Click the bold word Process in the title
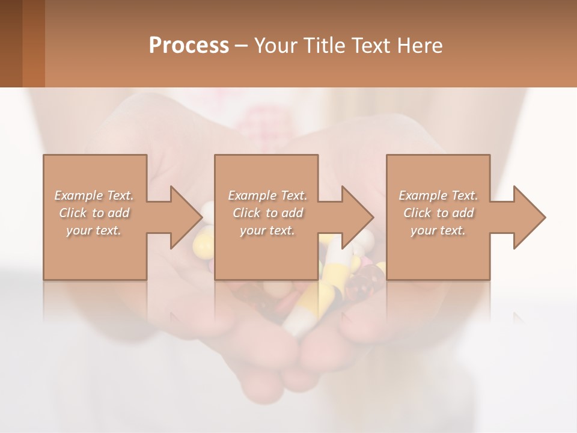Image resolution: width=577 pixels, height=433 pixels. [189, 46]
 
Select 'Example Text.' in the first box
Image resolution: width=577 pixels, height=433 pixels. [94, 195]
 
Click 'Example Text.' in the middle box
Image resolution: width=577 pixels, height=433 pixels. [267, 195]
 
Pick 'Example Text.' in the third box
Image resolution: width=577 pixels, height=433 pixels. [438, 195]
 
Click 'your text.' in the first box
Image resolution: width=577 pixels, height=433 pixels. [94, 230]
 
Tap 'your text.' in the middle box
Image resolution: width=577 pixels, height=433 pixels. [267, 230]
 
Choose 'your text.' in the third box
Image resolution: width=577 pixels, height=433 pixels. [438, 230]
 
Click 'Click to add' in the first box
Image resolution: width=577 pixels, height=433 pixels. [94, 213]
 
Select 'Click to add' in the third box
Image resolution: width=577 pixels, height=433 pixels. [438, 213]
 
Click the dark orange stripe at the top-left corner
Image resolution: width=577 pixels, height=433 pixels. [33, 43]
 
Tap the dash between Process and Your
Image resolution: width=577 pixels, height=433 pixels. [241, 46]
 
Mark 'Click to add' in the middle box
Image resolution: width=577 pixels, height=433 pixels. [267, 213]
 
